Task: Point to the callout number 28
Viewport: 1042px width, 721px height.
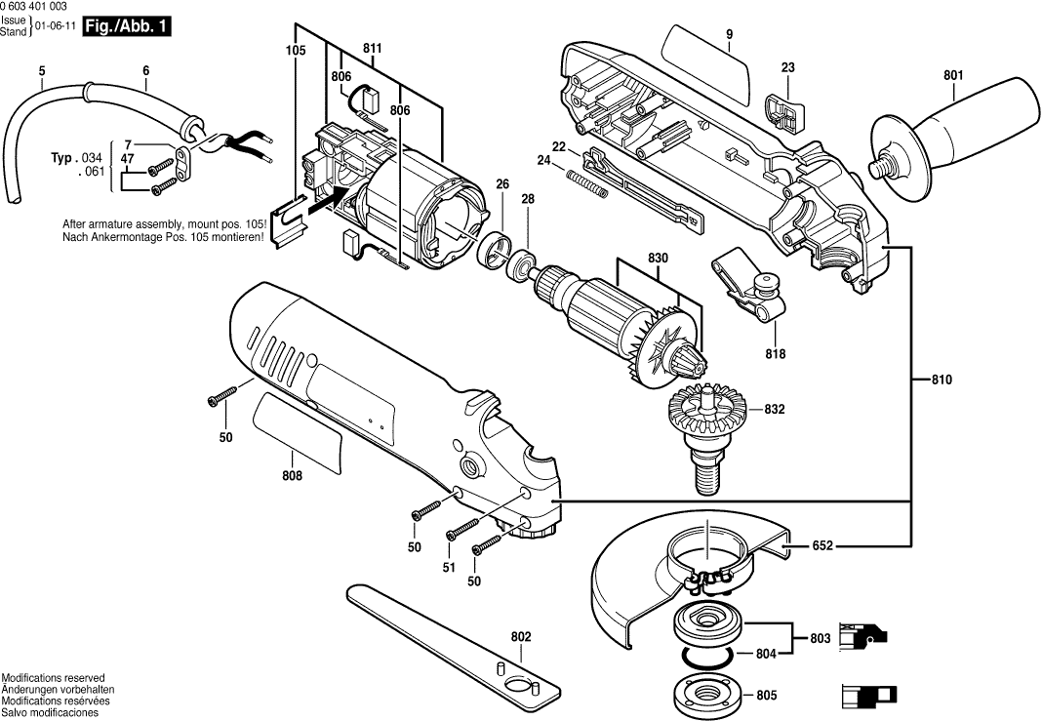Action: point(528,199)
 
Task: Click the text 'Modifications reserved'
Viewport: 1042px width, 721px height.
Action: point(54,677)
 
